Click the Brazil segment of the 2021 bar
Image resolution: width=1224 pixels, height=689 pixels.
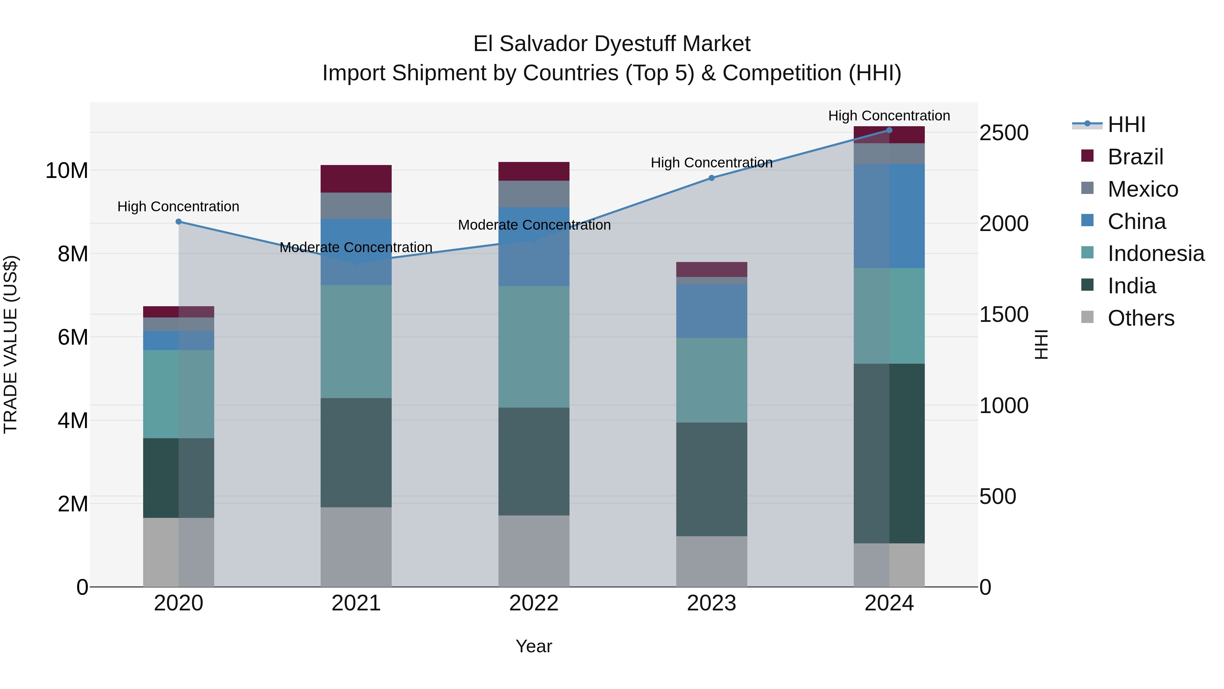coord(356,178)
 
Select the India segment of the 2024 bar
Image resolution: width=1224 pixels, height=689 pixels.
coord(889,453)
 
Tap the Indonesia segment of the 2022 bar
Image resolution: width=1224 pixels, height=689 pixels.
coord(533,347)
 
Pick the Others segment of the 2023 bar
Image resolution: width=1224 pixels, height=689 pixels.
coord(711,561)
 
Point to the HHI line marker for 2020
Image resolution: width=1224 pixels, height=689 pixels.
coord(178,222)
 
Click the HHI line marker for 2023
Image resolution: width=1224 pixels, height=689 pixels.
coord(711,178)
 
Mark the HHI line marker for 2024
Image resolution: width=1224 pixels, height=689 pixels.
coord(889,130)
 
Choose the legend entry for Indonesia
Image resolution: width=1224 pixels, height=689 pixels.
coord(1156,253)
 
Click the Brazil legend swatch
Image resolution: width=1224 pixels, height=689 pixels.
coord(1087,156)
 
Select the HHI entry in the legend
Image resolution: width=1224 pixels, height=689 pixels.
coord(1126,125)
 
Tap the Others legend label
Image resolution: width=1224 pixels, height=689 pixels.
coord(1141,318)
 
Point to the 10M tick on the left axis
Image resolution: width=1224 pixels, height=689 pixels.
coord(67,170)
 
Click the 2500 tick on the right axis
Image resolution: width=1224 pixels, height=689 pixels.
coord(1004,133)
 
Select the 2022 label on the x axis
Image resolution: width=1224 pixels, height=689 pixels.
coord(533,603)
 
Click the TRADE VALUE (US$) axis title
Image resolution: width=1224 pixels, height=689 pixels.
coord(11,344)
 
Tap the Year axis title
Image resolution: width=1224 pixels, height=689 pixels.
coord(533,646)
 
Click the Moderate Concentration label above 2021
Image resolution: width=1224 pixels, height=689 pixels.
coord(356,247)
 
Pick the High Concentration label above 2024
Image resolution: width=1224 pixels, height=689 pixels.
coord(889,116)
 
